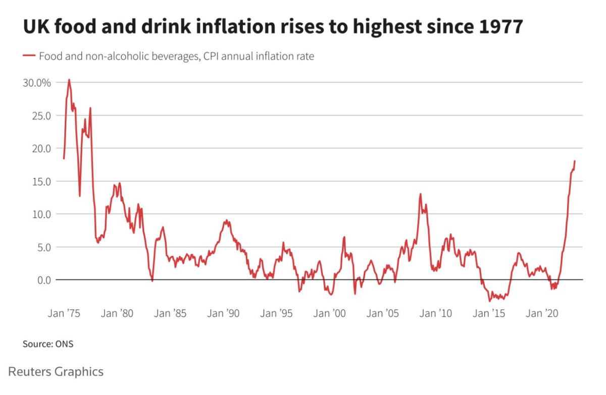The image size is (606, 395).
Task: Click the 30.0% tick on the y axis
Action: click(x=37, y=83)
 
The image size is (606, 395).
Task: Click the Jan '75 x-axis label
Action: click(x=64, y=313)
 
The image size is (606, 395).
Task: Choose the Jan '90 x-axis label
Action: click(x=224, y=313)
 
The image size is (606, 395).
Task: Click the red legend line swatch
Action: click(x=28, y=57)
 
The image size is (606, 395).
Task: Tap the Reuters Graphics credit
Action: click(x=56, y=372)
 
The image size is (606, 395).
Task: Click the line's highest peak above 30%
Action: click(x=69, y=80)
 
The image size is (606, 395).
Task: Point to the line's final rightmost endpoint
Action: click(x=575, y=161)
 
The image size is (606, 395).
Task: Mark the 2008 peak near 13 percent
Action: click(x=420, y=194)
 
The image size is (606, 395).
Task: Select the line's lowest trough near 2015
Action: click(x=489, y=301)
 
